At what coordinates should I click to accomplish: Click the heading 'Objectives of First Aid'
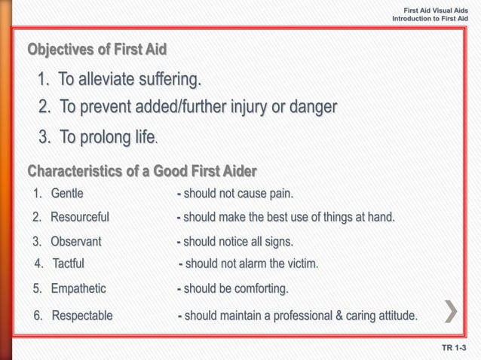[97, 50]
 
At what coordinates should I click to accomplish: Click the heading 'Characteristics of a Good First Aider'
[142, 170]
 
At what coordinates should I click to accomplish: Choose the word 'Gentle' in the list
[67, 194]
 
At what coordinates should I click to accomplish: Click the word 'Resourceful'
[80, 217]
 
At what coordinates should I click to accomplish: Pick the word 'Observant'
[76, 242]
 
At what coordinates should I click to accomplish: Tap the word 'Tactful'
[69, 264]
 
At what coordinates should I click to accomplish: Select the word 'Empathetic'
[78, 288]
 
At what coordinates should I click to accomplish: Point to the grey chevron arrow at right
[451, 311]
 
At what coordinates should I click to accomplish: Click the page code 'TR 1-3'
[455, 348]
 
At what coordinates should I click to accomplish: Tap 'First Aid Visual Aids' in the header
[436, 8]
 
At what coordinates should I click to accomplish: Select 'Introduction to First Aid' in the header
[430, 17]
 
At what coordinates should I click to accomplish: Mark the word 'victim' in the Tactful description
[302, 264]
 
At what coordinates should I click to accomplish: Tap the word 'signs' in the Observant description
[277, 242]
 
